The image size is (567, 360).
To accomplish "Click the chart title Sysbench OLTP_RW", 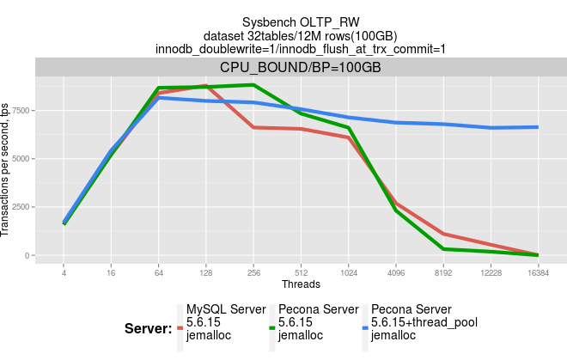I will pyautogui.click(x=300, y=21).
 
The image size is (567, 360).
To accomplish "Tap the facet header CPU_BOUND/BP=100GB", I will pyautogui.click(x=300, y=67).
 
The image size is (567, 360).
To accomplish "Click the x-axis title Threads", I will pyautogui.click(x=300, y=284).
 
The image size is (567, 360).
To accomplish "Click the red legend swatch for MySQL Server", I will pyautogui.click(x=180, y=328).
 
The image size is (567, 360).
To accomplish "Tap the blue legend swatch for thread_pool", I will pyautogui.click(x=365, y=328).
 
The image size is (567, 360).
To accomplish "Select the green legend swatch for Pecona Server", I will pyautogui.click(x=272, y=328).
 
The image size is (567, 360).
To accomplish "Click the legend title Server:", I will pyautogui.click(x=148, y=328).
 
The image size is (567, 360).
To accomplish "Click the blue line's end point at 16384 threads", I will pyautogui.click(x=537, y=127).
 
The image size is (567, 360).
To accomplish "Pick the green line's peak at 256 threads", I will pyautogui.click(x=253, y=85).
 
